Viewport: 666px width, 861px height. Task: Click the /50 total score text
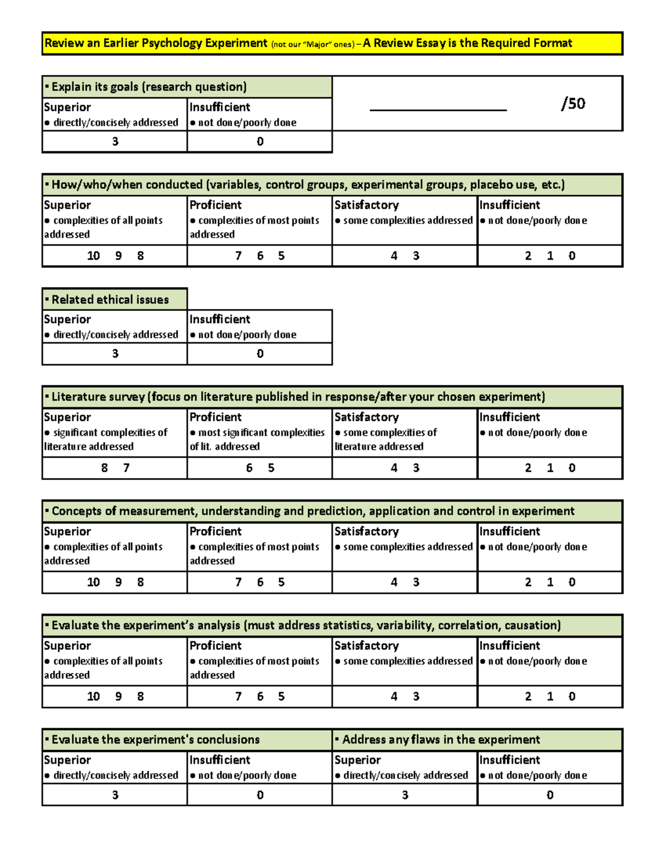click(x=573, y=104)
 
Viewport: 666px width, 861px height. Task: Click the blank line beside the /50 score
click(x=438, y=109)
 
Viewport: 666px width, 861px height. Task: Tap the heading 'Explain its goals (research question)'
click(x=149, y=87)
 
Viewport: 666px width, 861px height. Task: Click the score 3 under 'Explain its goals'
click(x=115, y=142)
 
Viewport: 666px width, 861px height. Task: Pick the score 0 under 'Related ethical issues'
click(x=260, y=354)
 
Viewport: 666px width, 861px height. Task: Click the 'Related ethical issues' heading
click(x=110, y=300)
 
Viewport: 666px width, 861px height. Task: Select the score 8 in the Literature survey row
click(x=104, y=468)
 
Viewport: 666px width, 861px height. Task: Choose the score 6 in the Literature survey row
click(x=249, y=468)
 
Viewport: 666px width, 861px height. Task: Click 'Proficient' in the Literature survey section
click(x=215, y=417)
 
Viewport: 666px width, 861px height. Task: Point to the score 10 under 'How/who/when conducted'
click(x=93, y=256)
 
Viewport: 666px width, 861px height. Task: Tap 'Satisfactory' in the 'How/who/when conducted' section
click(x=366, y=205)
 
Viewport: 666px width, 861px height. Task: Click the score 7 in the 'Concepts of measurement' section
click(x=238, y=582)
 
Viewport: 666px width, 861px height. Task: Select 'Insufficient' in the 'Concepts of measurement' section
click(x=509, y=531)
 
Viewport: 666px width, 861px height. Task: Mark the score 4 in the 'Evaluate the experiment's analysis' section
click(x=394, y=696)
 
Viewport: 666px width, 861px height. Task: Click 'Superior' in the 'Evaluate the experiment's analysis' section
click(x=67, y=646)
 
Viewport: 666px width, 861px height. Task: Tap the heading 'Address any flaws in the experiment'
click(x=441, y=740)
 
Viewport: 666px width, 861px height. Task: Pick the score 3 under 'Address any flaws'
click(x=405, y=795)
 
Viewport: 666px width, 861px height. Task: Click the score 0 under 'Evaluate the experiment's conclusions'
click(x=260, y=795)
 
